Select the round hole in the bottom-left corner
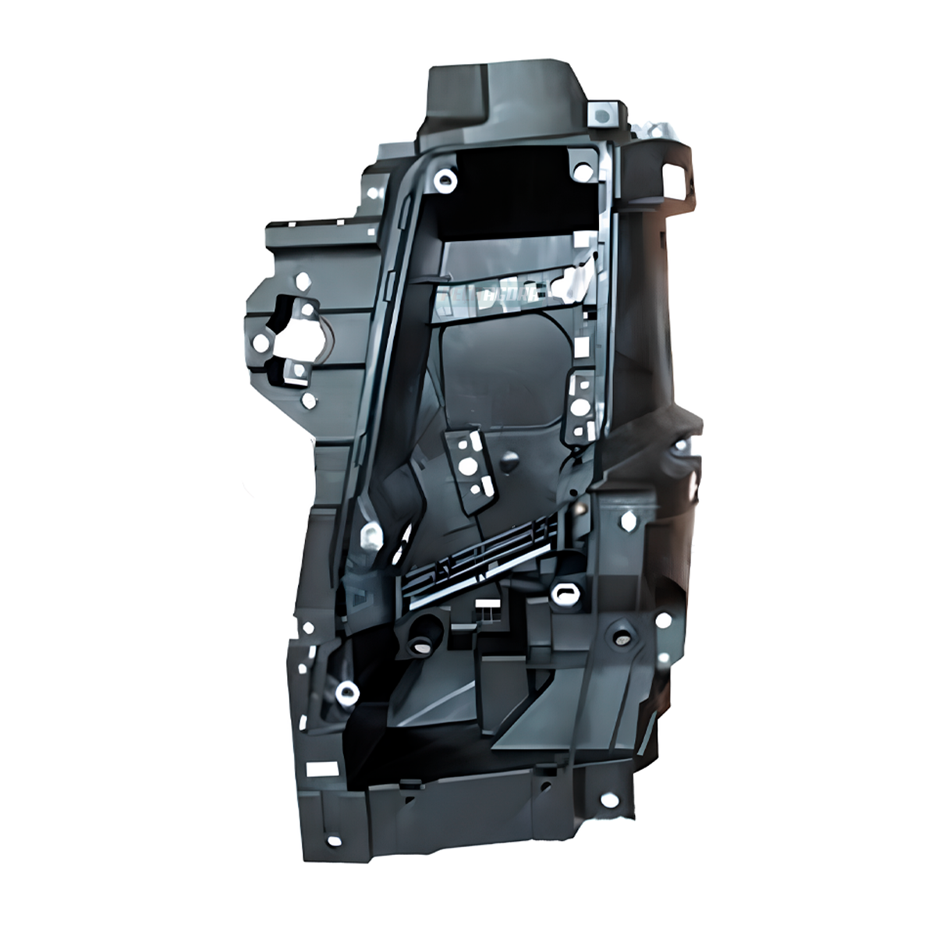(x=336, y=842)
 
